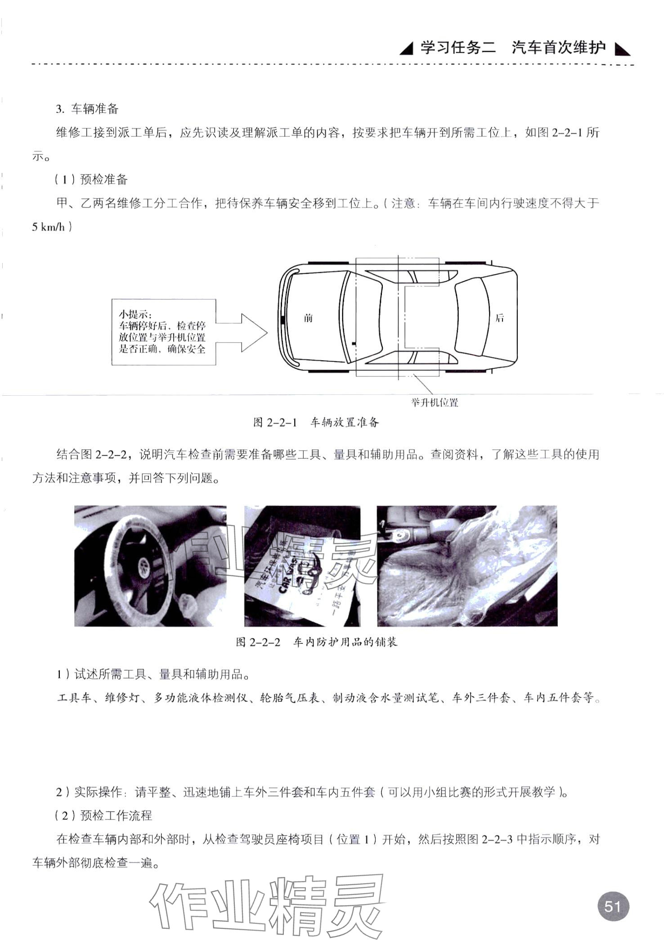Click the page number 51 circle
pos(613,906)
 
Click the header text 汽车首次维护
pos(558,47)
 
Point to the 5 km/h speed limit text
pos(48,227)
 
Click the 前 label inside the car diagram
pos(308,318)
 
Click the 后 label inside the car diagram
pos(499,318)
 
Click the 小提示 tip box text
pos(162,331)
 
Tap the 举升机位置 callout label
pos(434,402)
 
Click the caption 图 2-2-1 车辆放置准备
pos(316,422)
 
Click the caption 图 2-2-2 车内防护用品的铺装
pos(316,642)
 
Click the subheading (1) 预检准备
pos(91,179)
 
